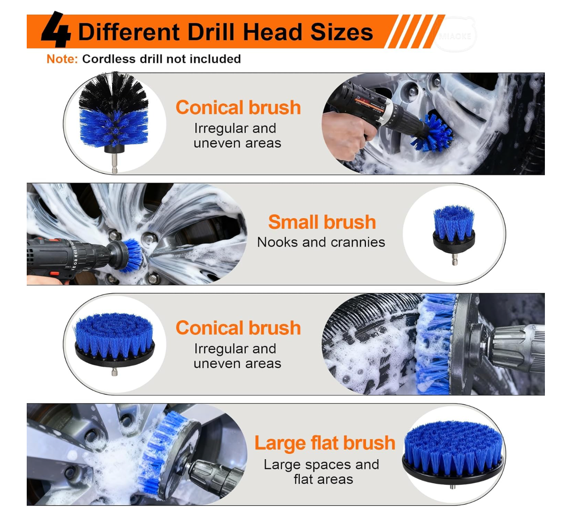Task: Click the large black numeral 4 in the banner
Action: [56, 29]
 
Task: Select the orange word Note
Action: [62, 59]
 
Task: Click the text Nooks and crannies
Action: [321, 243]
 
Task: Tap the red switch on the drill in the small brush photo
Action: [54, 274]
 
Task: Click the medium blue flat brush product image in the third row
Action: [114, 344]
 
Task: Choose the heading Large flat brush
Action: [325, 443]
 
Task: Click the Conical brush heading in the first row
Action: [238, 107]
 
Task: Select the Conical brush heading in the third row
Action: [238, 328]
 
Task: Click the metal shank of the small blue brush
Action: [455, 259]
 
